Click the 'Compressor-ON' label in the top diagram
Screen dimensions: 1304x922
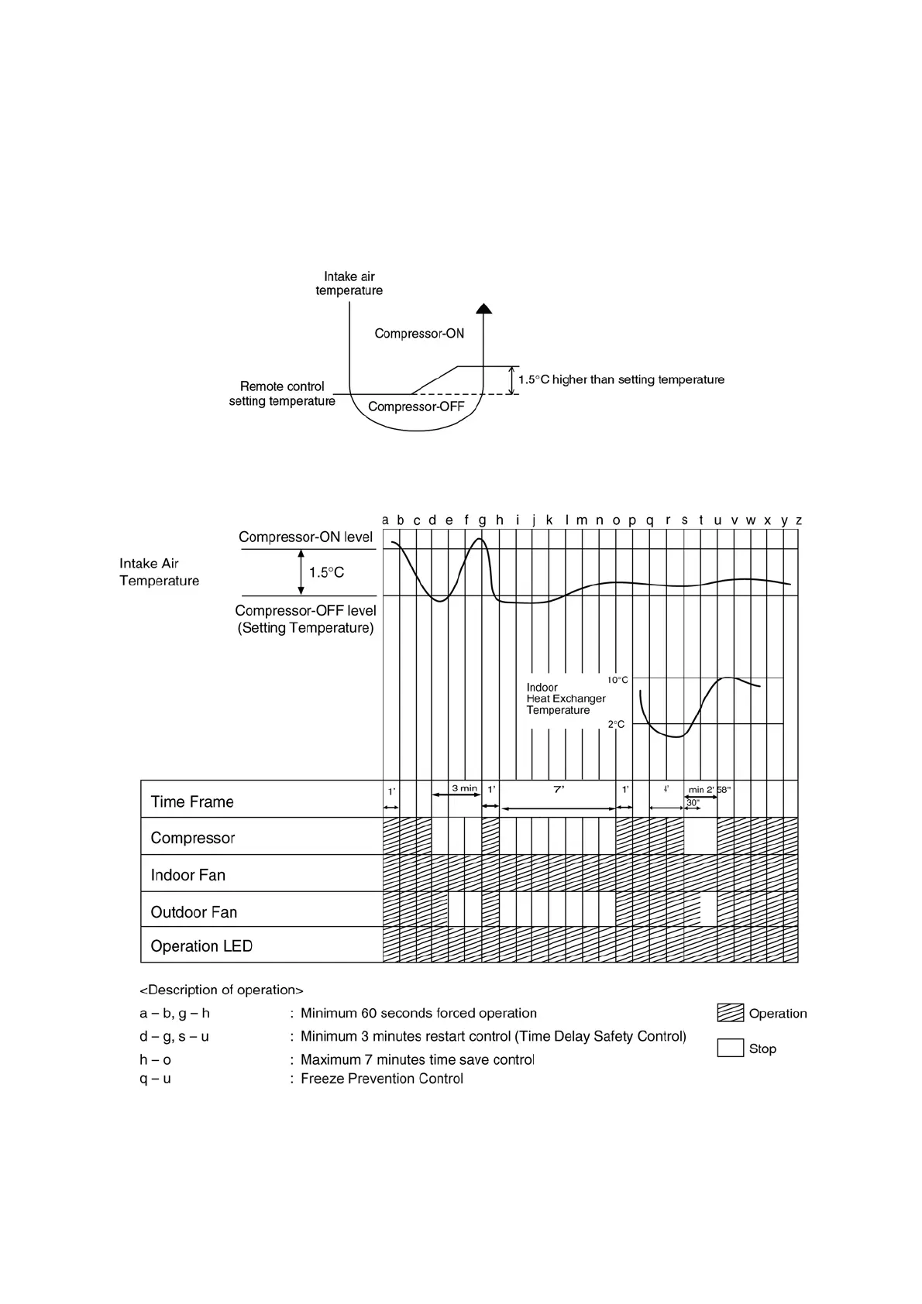point(419,334)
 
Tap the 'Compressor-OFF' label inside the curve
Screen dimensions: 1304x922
point(416,407)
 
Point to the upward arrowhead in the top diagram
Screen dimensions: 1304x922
point(484,308)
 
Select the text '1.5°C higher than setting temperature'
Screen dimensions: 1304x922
point(621,380)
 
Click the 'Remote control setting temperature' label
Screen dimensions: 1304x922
point(282,393)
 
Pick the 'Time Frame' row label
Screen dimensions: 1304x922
point(192,801)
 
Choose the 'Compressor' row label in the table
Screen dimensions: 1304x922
point(193,838)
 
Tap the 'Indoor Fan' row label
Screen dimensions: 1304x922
point(188,875)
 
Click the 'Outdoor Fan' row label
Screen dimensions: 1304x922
point(194,912)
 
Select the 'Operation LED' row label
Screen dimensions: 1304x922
point(201,946)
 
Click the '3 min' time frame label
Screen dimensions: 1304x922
point(465,788)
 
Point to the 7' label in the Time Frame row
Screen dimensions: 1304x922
point(559,789)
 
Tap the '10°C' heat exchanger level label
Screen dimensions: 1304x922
point(618,680)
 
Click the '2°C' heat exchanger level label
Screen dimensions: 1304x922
point(616,725)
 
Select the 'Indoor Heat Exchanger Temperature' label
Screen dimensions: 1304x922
point(566,698)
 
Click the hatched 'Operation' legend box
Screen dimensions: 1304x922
point(730,1013)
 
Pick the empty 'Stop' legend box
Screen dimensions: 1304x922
point(730,1048)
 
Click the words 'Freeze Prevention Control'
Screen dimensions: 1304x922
point(382,1079)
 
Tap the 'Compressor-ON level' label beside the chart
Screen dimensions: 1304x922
point(305,537)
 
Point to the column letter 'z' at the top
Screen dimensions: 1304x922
point(799,520)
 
